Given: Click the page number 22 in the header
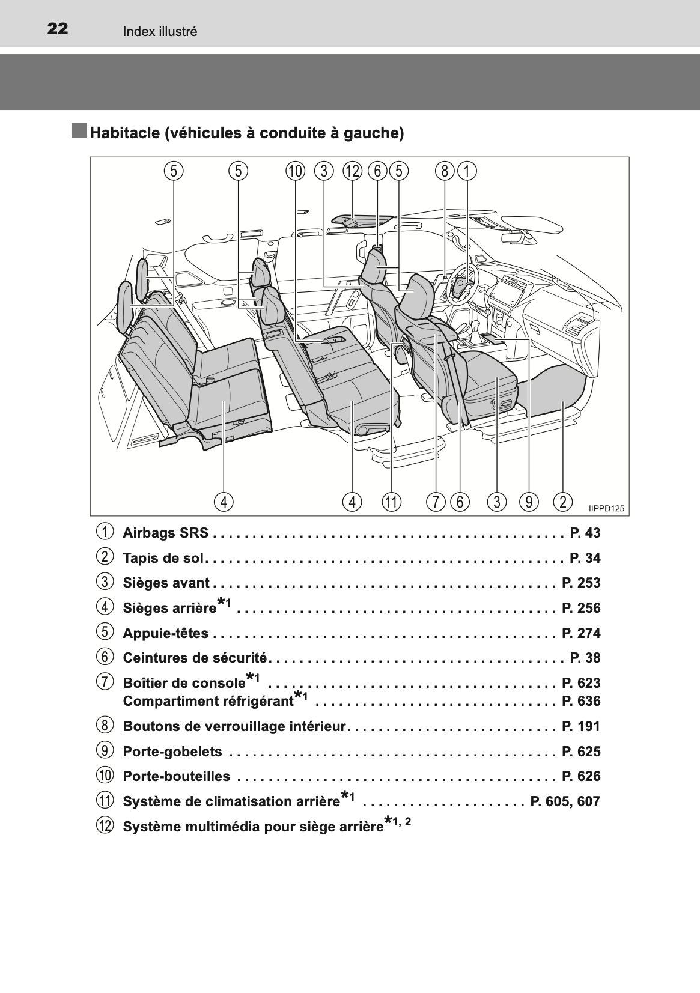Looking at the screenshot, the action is click(58, 29).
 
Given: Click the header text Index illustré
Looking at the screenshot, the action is click(160, 31).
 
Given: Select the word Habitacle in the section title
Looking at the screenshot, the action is click(126, 133).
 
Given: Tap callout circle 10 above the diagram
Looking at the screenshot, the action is click(296, 171).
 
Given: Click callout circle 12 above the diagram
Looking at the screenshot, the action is click(353, 171).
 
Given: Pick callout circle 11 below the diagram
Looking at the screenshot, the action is click(392, 502).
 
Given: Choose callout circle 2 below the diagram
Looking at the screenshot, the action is click(563, 502).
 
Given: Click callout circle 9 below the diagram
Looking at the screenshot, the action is click(529, 502).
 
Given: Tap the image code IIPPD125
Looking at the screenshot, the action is click(606, 508).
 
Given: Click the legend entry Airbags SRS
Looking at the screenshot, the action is click(165, 532).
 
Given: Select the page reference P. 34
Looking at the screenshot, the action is click(585, 557).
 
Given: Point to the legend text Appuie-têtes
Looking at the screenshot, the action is click(165, 633).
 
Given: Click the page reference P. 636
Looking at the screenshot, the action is click(581, 701).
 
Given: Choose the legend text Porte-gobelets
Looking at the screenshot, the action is click(172, 752).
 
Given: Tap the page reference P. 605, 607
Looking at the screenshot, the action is click(565, 801).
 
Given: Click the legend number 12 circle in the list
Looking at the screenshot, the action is click(105, 825).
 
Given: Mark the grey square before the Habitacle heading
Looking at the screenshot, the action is click(79, 131).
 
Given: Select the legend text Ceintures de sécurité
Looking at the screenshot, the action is click(195, 658).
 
